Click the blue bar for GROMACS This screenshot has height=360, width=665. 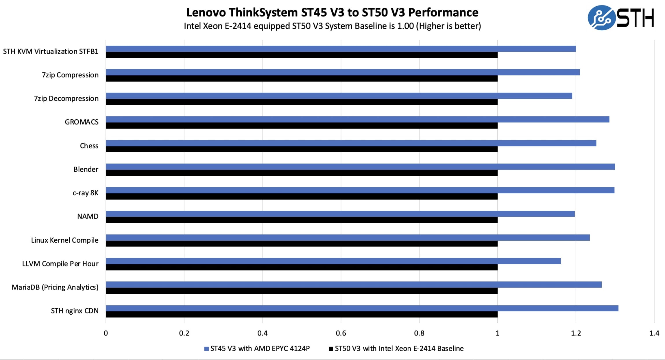point(357,119)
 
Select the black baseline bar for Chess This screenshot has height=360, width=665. point(302,149)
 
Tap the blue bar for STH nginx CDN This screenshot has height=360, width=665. point(362,308)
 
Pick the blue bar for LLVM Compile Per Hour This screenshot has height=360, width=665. point(333,261)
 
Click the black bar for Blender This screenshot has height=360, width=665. point(302,173)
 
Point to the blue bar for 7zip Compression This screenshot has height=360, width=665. point(343,72)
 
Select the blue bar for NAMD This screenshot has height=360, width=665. point(340,214)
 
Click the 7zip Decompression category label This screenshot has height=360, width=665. point(66,99)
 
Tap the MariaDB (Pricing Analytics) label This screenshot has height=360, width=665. point(55,287)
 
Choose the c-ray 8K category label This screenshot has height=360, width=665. point(85,193)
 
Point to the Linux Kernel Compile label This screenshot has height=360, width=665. point(64,240)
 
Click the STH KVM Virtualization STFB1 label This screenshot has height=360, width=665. point(51,51)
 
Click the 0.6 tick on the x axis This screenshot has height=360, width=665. point(341,333)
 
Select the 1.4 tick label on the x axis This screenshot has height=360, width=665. point(654,333)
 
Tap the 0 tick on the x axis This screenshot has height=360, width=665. point(106,333)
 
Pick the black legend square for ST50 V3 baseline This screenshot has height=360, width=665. point(331,349)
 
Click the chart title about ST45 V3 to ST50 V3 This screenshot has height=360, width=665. point(332,12)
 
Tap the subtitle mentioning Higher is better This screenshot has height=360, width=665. point(332,26)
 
